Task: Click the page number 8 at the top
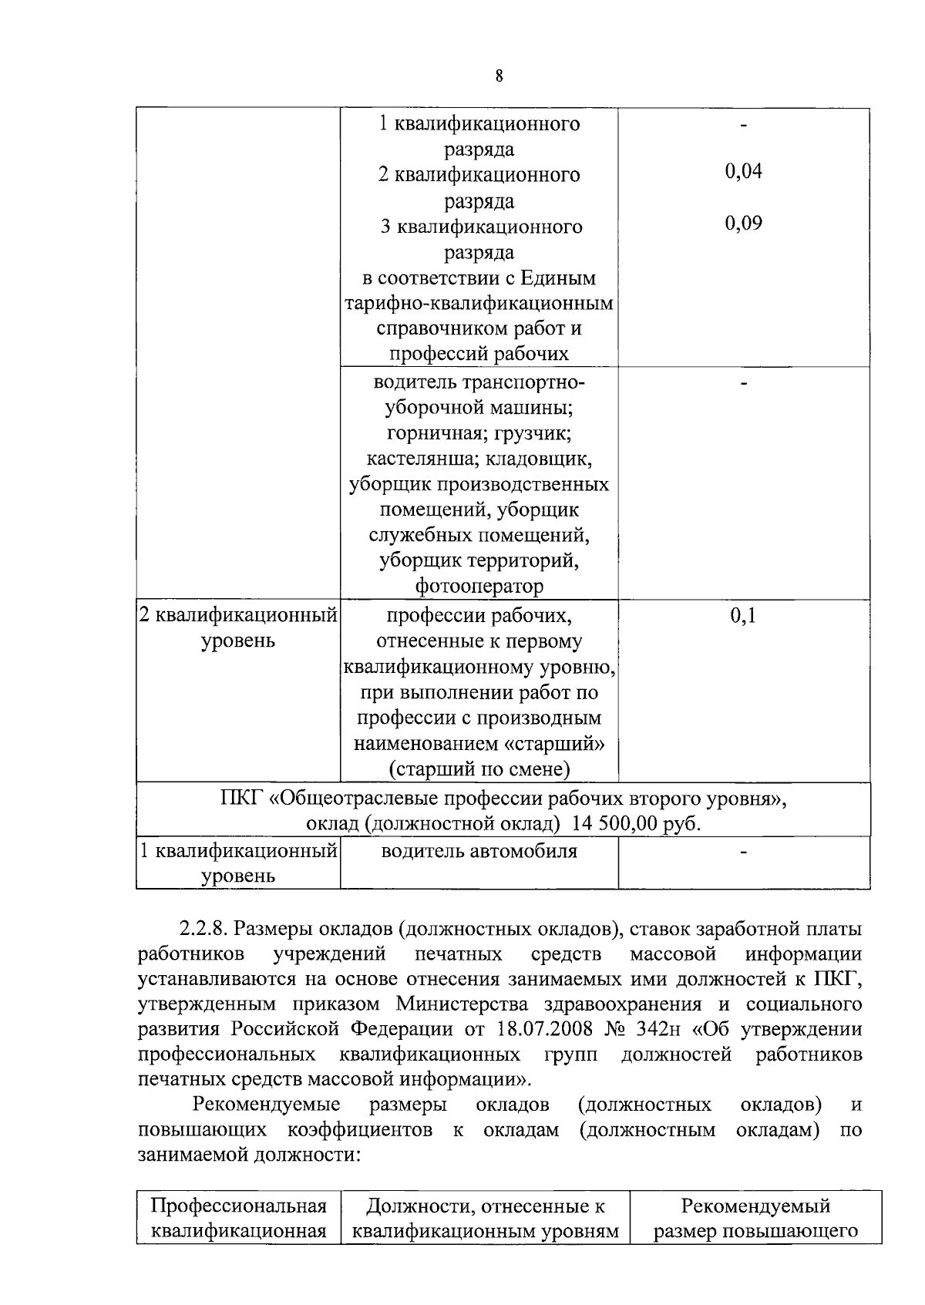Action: [x=499, y=76]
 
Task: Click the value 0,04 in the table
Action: [x=743, y=172]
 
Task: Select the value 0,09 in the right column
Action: [x=743, y=224]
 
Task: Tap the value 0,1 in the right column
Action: [x=743, y=616]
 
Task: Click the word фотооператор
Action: [x=479, y=587]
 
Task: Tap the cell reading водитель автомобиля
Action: [x=479, y=851]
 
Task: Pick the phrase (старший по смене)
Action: [x=479, y=769]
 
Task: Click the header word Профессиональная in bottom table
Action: [x=238, y=1206]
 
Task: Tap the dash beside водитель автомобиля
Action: [x=743, y=853]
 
